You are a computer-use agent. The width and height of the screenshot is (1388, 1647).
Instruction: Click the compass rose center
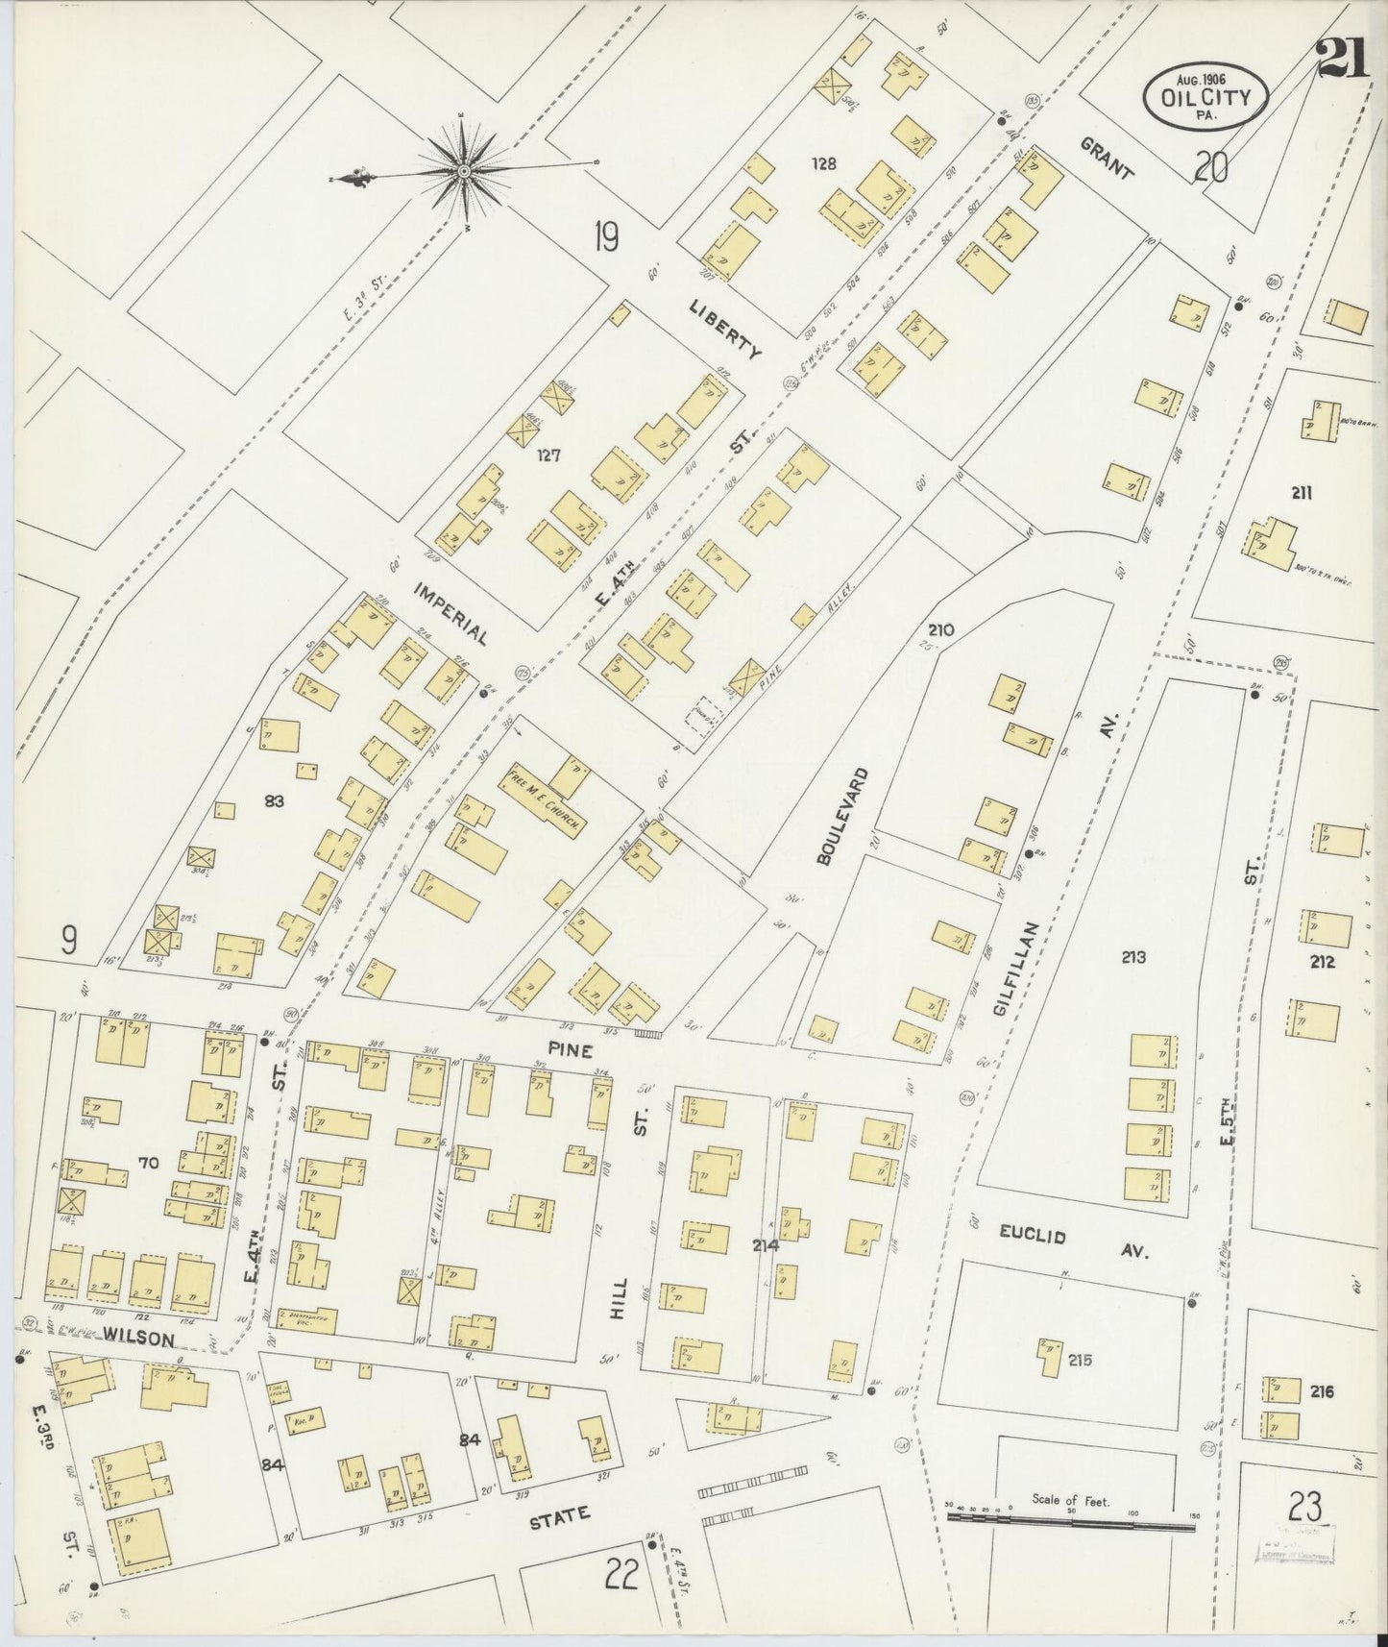(x=464, y=171)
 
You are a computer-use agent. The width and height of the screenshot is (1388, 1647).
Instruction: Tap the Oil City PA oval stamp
(x=1205, y=94)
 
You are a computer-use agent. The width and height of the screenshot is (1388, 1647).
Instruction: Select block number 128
(x=823, y=163)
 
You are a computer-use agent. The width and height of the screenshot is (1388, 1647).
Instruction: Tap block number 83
(x=274, y=799)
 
